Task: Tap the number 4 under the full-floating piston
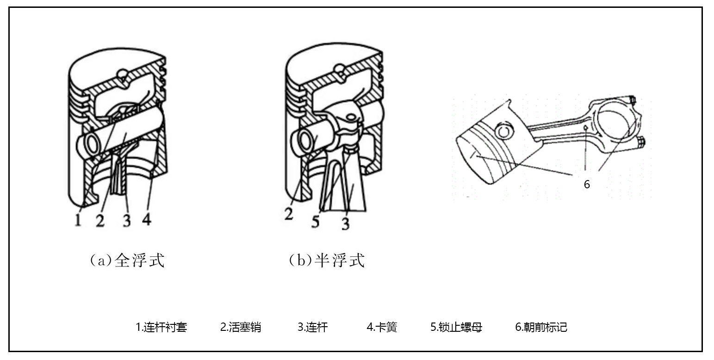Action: tap(146, 220)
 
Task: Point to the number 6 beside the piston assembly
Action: tap(587, 184)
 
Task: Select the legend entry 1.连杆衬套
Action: tap(161, 328)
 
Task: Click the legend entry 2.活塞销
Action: tap(241, 328)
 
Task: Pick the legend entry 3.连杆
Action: tap(312, 328)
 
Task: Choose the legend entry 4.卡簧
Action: tap(382, 328)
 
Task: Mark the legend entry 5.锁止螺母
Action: tap(456, 328)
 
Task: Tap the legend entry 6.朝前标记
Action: tap(541, 328)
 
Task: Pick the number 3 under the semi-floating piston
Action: tap(346, 223)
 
